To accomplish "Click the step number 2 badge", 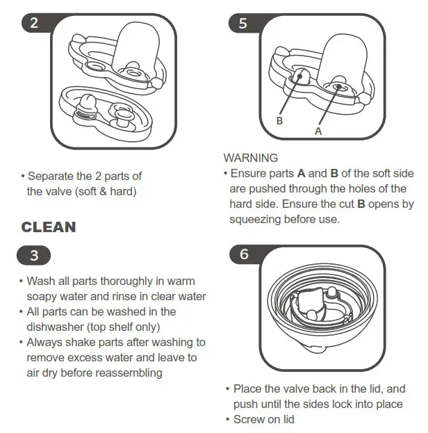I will (x=35, y=23).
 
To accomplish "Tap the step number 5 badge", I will (x=242, y=23).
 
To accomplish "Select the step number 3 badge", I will (x=35, y=255).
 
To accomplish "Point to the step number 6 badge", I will (x=243, y=254).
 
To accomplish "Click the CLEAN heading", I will (x=49, y=227).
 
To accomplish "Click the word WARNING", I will (x=250, y=158).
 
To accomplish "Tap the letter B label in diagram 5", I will (x=279, y=120).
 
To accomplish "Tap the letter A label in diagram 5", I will (x=318, y=129).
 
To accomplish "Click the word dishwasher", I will (x=55, y=327).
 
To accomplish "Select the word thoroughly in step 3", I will (x=115, y=281).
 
